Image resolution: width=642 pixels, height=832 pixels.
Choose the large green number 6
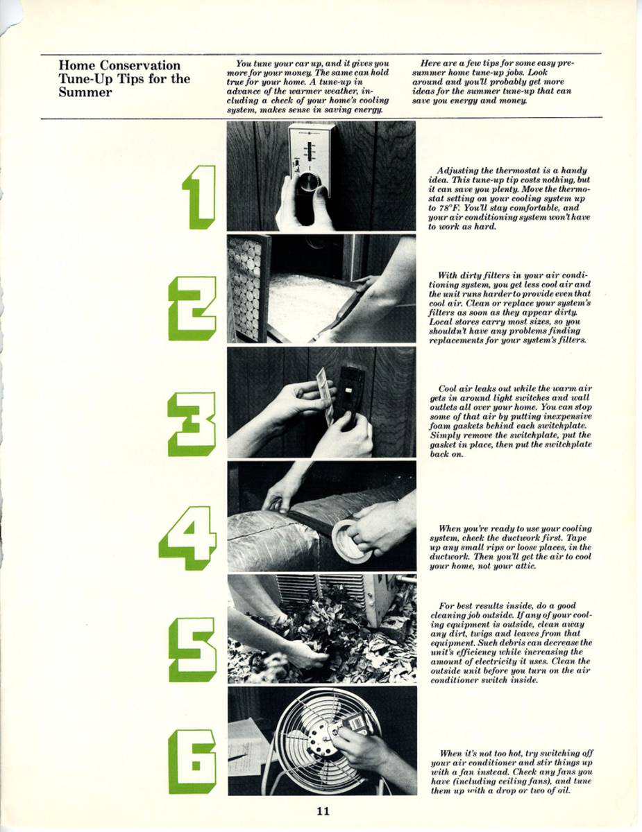click(x=192, y=761)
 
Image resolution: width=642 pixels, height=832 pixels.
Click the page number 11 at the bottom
click(x=322, y=812)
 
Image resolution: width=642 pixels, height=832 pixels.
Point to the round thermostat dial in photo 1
click(x=310, y=183)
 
